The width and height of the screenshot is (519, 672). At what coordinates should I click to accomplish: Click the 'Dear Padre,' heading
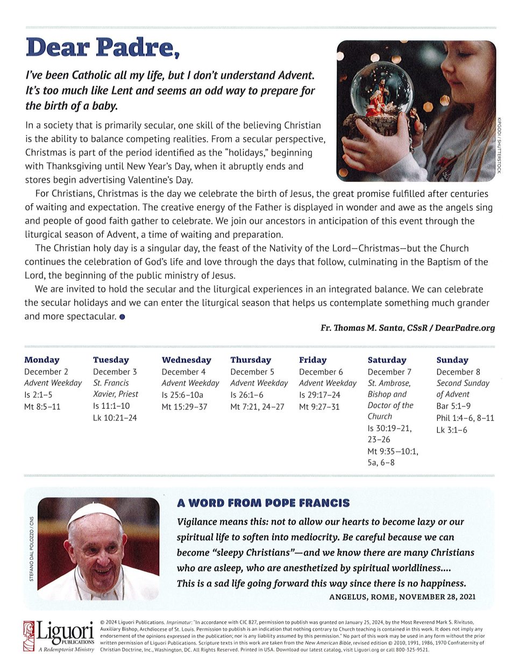coord(102,47)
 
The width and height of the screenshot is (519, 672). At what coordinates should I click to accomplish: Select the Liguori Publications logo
coord(59,636)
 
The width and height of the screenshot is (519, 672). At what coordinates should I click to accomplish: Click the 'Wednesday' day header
coord(186,360)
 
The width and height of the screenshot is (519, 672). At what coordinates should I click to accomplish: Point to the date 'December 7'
coord(389,371)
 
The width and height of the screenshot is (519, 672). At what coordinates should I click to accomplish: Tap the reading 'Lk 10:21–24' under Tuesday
coord(115,417)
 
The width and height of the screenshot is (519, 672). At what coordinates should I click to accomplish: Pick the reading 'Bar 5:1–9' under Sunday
coord(453,406)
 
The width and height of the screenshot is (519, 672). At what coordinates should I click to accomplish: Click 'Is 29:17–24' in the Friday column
coord(319,395)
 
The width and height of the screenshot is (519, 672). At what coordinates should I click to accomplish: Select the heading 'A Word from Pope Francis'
coord(263,503)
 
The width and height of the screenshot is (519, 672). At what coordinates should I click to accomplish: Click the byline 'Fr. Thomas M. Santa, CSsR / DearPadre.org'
coord(407,327)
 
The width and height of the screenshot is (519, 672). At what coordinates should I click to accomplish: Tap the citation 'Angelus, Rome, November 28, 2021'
coord(402,596)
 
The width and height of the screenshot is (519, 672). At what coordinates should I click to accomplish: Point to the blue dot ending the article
coord(123,317)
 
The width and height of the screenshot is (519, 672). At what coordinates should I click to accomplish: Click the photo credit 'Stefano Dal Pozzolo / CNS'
coord(31,548)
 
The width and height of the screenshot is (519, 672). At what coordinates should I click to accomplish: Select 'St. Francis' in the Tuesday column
coord(111,383)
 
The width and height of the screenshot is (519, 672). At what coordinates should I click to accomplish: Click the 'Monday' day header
coord(42,360)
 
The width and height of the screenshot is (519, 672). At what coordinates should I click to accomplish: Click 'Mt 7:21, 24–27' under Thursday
coord(257,406)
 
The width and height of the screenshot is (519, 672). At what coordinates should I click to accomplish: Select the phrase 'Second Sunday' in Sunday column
coord(463,383)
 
